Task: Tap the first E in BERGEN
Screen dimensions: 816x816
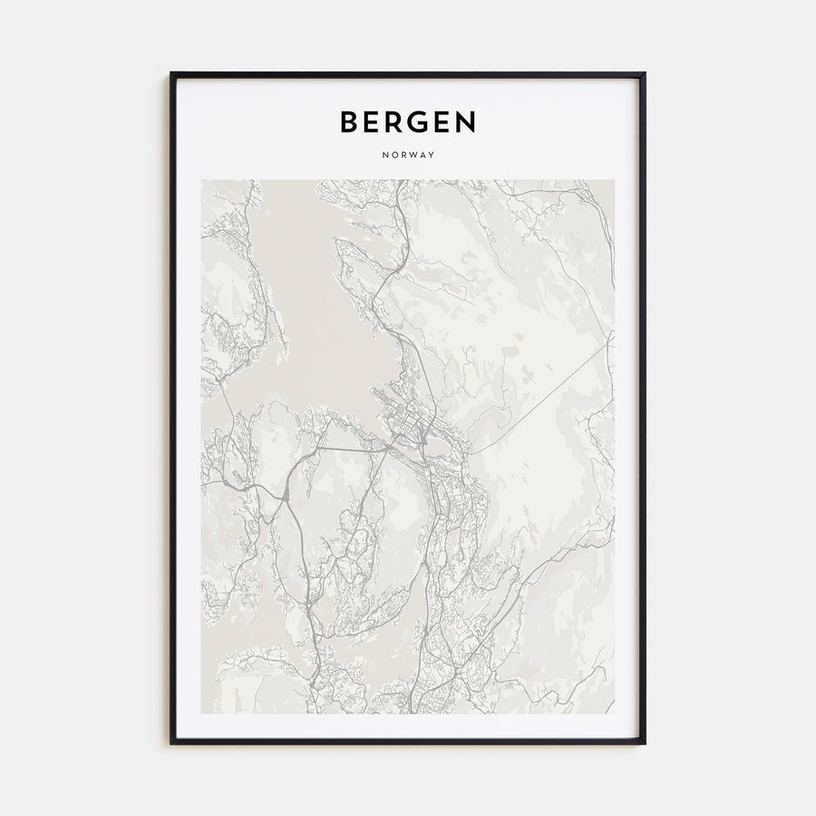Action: (374, 121)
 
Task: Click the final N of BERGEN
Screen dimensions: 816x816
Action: (466, 121)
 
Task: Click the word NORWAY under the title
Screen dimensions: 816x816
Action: (408, 155)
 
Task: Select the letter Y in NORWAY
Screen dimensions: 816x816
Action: (432, 155)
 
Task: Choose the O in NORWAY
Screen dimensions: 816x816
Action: (393, 155)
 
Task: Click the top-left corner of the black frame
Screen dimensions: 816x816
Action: (171, 73)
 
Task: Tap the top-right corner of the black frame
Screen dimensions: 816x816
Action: (644, 73)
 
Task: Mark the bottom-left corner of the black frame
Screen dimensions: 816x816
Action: (171, 743)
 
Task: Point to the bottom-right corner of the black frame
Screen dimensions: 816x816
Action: (644, 743)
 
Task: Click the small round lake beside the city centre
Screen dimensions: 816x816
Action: (438, 448)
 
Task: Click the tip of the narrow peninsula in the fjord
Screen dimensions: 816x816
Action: (337, 241)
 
